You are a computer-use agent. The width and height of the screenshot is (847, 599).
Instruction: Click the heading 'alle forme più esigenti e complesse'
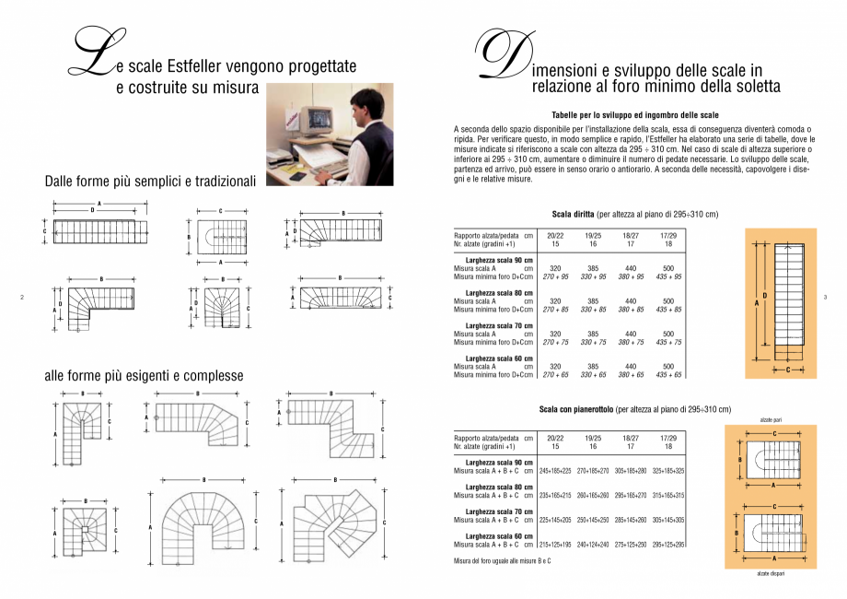[x=144, y=375]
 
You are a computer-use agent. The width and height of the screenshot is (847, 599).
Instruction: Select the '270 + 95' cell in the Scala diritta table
[x=555, y=276]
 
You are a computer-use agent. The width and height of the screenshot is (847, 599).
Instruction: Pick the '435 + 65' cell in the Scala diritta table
[x=668, y=375]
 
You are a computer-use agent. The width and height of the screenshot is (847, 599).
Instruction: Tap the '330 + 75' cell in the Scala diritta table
[x=593, y=342]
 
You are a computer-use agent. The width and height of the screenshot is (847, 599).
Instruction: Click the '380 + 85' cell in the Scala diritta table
[x=631, y=310]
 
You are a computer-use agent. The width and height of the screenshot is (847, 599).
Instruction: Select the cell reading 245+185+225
[x=555, y=471]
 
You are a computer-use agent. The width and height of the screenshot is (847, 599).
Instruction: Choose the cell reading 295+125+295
[x=668, y=545]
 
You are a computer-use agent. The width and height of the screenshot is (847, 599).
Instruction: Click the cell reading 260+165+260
[x=593, y=495]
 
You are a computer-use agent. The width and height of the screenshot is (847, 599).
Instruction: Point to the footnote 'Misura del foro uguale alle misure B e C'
[x=503, y=561]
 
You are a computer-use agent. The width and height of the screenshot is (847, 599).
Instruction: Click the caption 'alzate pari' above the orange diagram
[x=772, y=419]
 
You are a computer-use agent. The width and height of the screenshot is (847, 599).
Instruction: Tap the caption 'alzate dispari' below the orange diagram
[x=772, y=573]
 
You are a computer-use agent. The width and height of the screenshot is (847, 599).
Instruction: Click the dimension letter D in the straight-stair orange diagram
[x=765, y=296]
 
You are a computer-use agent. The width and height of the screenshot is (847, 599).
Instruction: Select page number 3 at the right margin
[x=825, y=296]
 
